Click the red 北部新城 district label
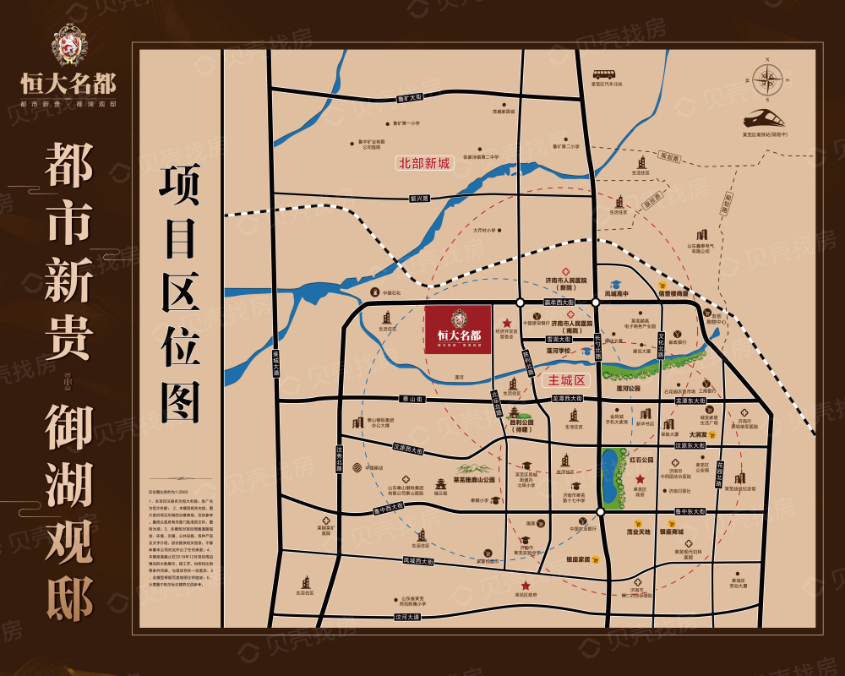[425, 163]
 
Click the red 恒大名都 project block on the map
[458, 330]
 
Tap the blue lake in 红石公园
[609, 477]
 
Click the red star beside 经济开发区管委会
[507, 323]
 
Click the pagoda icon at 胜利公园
[514, 412]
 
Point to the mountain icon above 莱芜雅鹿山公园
[473, 469]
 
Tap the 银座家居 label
[578, 559]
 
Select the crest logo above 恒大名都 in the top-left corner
[68, 46]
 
